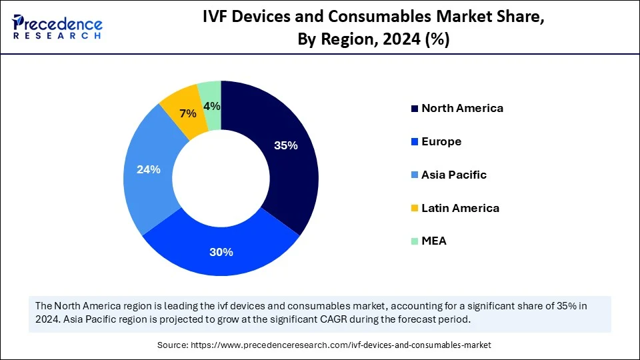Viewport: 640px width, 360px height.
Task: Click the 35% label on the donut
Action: point(286,145)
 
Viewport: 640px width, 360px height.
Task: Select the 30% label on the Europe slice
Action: point(221,252)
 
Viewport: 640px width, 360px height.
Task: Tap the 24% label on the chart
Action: point(149,169)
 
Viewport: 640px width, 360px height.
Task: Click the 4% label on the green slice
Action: point(212,106)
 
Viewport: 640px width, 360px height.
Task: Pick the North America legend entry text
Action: point(462,108)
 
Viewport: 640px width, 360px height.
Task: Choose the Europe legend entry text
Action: point(441,141)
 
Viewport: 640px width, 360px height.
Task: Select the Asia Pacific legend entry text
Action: point(454,175)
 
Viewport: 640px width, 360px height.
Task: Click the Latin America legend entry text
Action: point(460,208)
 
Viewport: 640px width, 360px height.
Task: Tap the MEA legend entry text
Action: point(434,241)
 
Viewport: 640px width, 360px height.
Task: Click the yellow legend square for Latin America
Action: point(415,209)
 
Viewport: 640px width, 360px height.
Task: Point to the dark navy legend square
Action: point(415,109)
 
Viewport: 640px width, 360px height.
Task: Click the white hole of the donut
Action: point(221,178)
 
